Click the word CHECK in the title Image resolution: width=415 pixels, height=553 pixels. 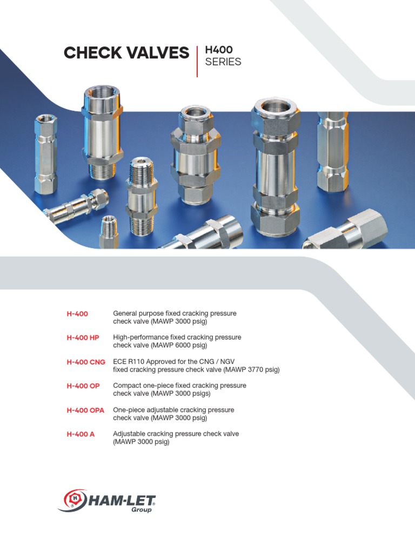89,53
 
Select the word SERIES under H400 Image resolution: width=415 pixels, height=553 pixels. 223,62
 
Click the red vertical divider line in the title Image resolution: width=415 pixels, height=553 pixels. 197,61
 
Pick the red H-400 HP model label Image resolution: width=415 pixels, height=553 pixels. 83,338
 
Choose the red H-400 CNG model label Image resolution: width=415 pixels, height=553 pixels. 86,362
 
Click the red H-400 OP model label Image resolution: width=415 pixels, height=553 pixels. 83,386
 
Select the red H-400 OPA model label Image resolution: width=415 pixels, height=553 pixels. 85,410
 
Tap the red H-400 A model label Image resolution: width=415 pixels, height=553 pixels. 81,434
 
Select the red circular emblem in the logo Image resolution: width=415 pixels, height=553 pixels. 75,499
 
